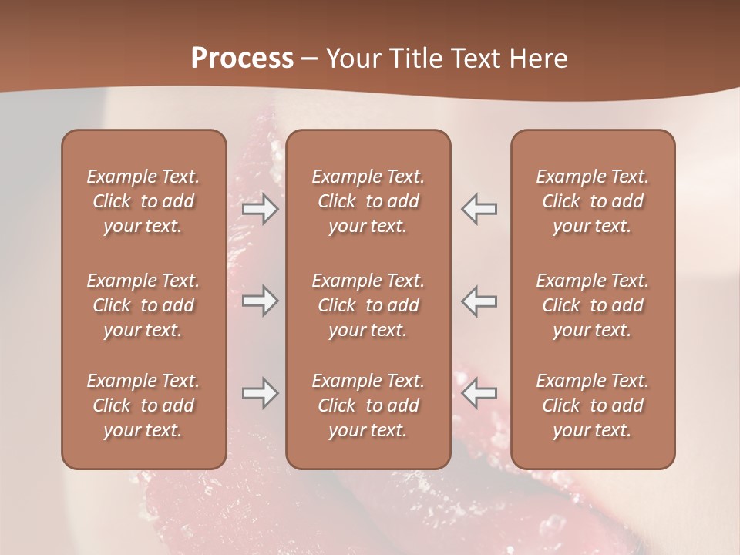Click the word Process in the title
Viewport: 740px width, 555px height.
point(242,59)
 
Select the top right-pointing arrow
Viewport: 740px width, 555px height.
point(260,209)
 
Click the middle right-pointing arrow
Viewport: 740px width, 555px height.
point(260,301)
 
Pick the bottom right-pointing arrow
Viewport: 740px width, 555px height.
point(260,393)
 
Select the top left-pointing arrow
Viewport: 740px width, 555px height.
point(479,209)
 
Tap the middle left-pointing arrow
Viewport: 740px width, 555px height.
point(479,301)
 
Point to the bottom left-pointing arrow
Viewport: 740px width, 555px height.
point(479,393)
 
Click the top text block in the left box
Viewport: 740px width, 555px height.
point(143,201)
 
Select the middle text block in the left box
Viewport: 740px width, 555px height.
point(143,305)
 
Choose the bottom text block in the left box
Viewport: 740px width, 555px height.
point(143,405)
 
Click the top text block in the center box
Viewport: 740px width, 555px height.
point(368,201)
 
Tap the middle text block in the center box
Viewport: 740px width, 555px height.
point(368,305)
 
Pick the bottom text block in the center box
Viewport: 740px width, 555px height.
point(368,405)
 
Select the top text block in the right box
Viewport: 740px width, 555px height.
point(593,201)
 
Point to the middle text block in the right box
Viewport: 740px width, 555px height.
point(593,305)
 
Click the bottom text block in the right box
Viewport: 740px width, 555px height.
point(593,405)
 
